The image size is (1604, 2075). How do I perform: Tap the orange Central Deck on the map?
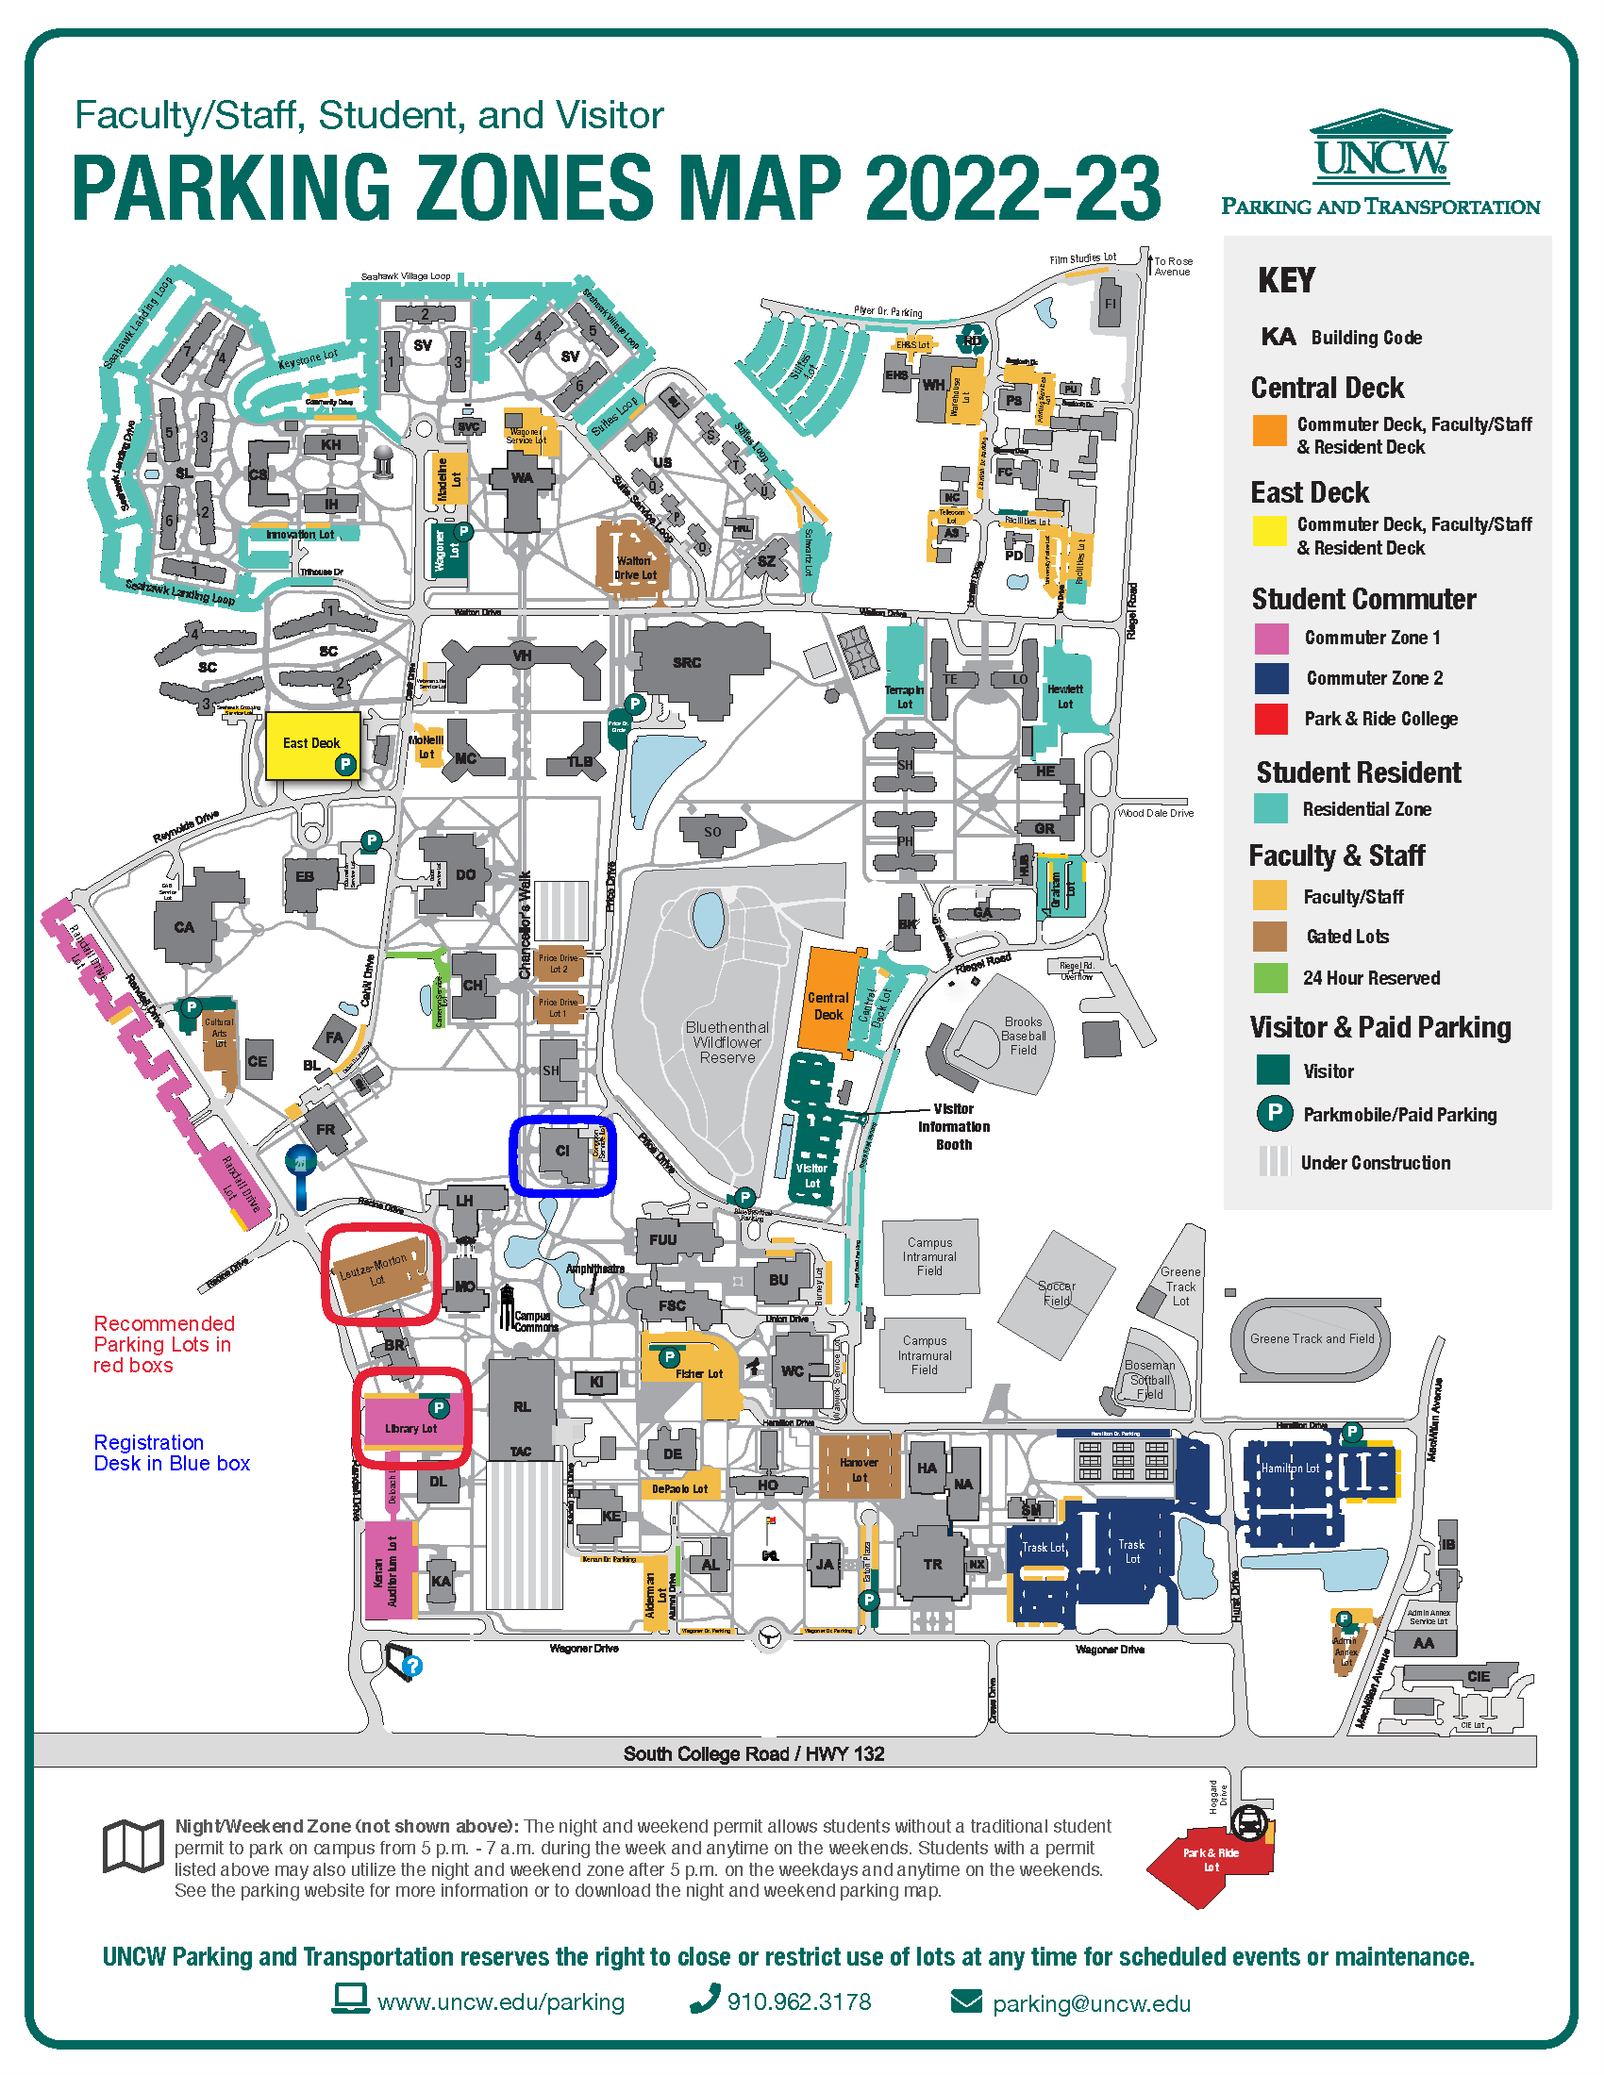coord(827,1003)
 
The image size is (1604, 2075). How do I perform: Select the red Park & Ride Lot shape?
coord(1209,1864)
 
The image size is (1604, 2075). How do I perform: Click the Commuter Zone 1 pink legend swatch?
coord(1271,639)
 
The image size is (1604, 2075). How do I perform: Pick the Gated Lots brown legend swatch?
coord(1269,937)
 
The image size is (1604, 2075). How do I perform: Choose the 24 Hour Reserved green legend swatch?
coord(1269,978)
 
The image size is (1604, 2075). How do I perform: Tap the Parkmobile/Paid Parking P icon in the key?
coord(1274,1114)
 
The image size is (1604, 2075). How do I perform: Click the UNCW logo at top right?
coord(1380,152)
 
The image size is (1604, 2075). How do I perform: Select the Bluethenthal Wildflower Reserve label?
coord(727,1042)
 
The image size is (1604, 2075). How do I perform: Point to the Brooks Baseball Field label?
coord(1023,1037)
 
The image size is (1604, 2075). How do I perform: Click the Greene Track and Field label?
coord(1312,1338)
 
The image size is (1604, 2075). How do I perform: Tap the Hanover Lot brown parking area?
coord(858,1468)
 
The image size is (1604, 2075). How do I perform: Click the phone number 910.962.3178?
coord(798,2001)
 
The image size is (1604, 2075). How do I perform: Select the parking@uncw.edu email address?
coord(1091,2003)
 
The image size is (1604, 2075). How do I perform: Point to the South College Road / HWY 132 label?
coord(754,1754)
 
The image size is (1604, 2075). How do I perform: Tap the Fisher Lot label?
coord(699,1374)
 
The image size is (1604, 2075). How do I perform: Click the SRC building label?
coord(686,663)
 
